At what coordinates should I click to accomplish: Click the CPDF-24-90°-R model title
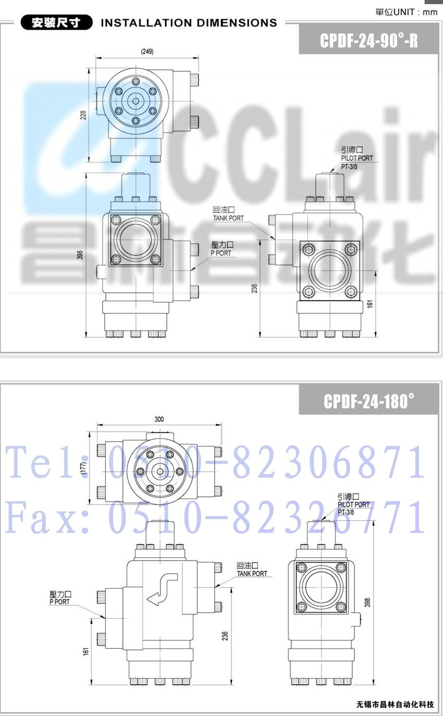(x=369, y=41)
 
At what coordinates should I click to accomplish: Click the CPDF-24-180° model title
(x=369, y=401)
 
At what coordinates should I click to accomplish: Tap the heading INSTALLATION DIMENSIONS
(x=189, y=23)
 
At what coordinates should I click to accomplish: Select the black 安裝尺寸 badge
(x=56, y=23)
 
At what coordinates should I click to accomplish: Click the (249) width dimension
(x=147, y=51)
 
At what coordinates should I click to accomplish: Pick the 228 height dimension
(x=83, y=115)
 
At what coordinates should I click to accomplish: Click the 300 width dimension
(x=159, y=419)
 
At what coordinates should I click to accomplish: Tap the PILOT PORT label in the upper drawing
(x=356, y=158)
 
